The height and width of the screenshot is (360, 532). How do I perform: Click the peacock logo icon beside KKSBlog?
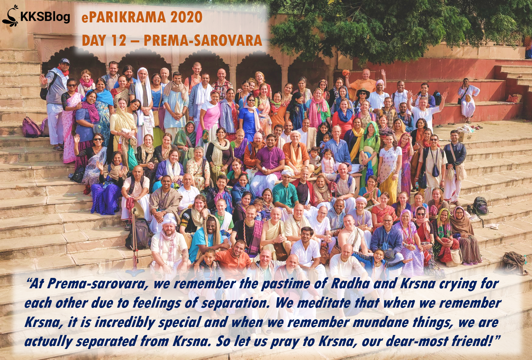tap(10, 16)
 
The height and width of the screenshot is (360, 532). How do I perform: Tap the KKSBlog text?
tap(45, 17)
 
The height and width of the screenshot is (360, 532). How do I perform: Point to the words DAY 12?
tap(104, 40)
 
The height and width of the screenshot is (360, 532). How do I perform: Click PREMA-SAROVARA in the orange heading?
tap(203, 40)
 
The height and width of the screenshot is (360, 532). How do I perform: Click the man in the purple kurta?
tap(269, 164)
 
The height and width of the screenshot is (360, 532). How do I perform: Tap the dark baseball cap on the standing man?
tap(64, 61)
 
